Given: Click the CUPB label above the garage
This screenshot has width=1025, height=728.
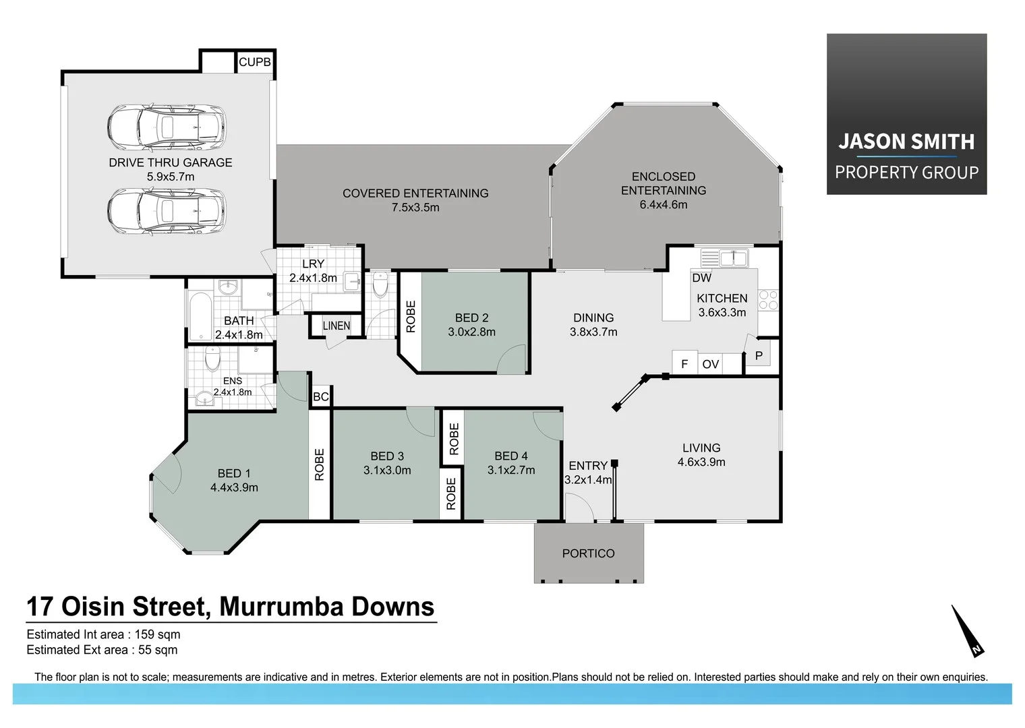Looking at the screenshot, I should [x=254, y=62].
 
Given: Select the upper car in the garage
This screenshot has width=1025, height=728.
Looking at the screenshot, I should [x=166, y=127].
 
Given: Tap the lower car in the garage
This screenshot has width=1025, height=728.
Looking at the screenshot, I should [x=166, y=211].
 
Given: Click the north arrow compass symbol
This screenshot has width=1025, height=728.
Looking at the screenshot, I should [x=967, y=631].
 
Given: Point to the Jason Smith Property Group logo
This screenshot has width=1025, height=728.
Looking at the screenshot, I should [x=906, y=115].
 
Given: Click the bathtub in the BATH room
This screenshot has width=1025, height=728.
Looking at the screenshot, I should [x=200, y=317].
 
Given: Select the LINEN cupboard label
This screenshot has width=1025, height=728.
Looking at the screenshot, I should [x=336, y=326].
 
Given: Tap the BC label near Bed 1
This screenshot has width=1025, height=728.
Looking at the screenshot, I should [x=321, y=397].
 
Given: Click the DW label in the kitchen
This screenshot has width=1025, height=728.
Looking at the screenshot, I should [x=701, y=278].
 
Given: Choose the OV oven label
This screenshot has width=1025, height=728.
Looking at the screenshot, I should [x=710, y=364].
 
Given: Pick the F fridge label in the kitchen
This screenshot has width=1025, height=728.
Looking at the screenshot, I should [x=684, y=364].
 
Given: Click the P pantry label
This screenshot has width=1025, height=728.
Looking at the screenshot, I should [x=759, y=356].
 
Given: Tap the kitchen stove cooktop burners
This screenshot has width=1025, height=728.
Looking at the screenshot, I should [x=768, y=300].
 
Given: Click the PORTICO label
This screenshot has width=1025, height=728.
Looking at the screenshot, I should [x=588, y=553].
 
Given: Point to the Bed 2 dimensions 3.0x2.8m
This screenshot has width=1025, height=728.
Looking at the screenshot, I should [x=471, y=332].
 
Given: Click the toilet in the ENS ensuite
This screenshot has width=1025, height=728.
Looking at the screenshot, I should [x=212, y=360].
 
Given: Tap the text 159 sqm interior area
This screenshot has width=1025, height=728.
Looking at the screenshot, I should [x=157, y=634].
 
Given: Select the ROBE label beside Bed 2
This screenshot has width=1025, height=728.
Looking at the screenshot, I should [x=411, y=317].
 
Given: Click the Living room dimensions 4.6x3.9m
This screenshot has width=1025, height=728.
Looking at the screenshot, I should [x=701, y=462].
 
